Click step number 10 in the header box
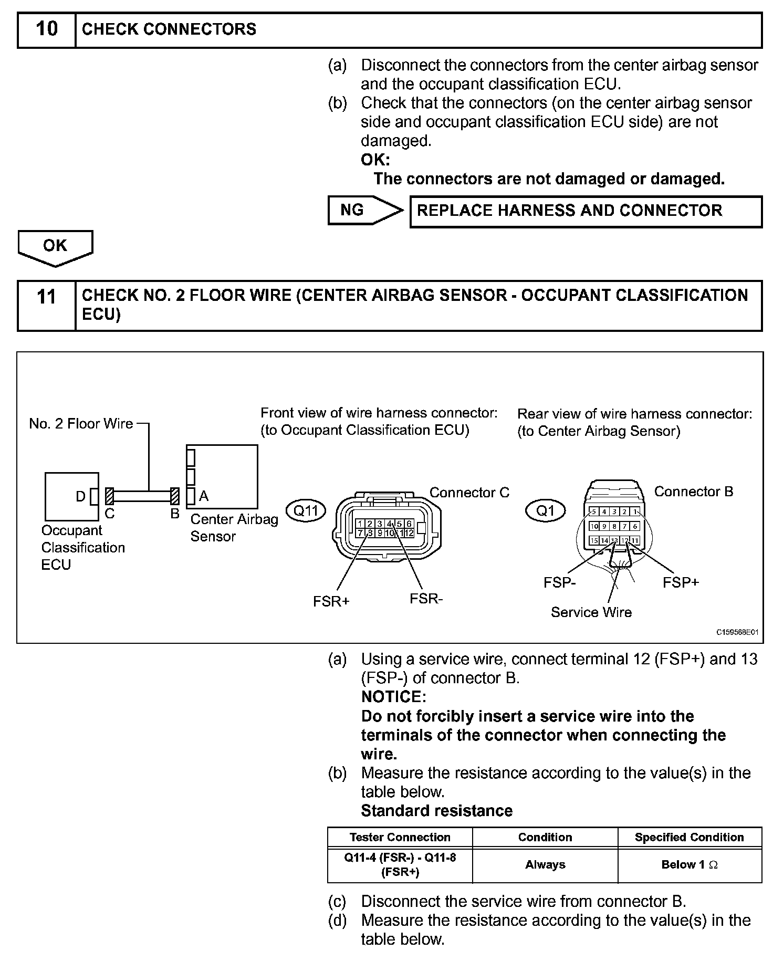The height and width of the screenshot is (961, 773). [46, 29]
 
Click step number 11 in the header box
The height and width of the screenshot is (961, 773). [46, 298]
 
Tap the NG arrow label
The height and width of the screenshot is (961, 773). [352, 210]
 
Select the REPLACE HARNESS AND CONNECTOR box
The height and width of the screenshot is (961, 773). [585, 211]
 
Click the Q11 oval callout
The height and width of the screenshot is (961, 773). [306, 510]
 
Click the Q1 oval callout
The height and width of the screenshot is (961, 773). [546, 510]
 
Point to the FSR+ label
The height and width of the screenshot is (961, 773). [331, 601]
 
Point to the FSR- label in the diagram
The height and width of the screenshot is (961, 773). [426, 599]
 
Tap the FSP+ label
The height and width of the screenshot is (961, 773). [681, 582]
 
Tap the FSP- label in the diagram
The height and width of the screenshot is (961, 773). [560, 582]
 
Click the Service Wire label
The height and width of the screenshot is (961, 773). [591, 612]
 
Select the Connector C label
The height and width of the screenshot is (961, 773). [469, 493]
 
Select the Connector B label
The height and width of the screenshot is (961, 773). [693, 492]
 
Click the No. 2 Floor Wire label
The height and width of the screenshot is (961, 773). [81, 424]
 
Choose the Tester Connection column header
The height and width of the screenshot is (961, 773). [400, 837]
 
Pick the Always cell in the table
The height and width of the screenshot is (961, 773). [545, 864]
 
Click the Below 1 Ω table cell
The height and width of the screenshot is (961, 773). [689, 864]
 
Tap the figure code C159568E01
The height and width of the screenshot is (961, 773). [737, 632]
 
